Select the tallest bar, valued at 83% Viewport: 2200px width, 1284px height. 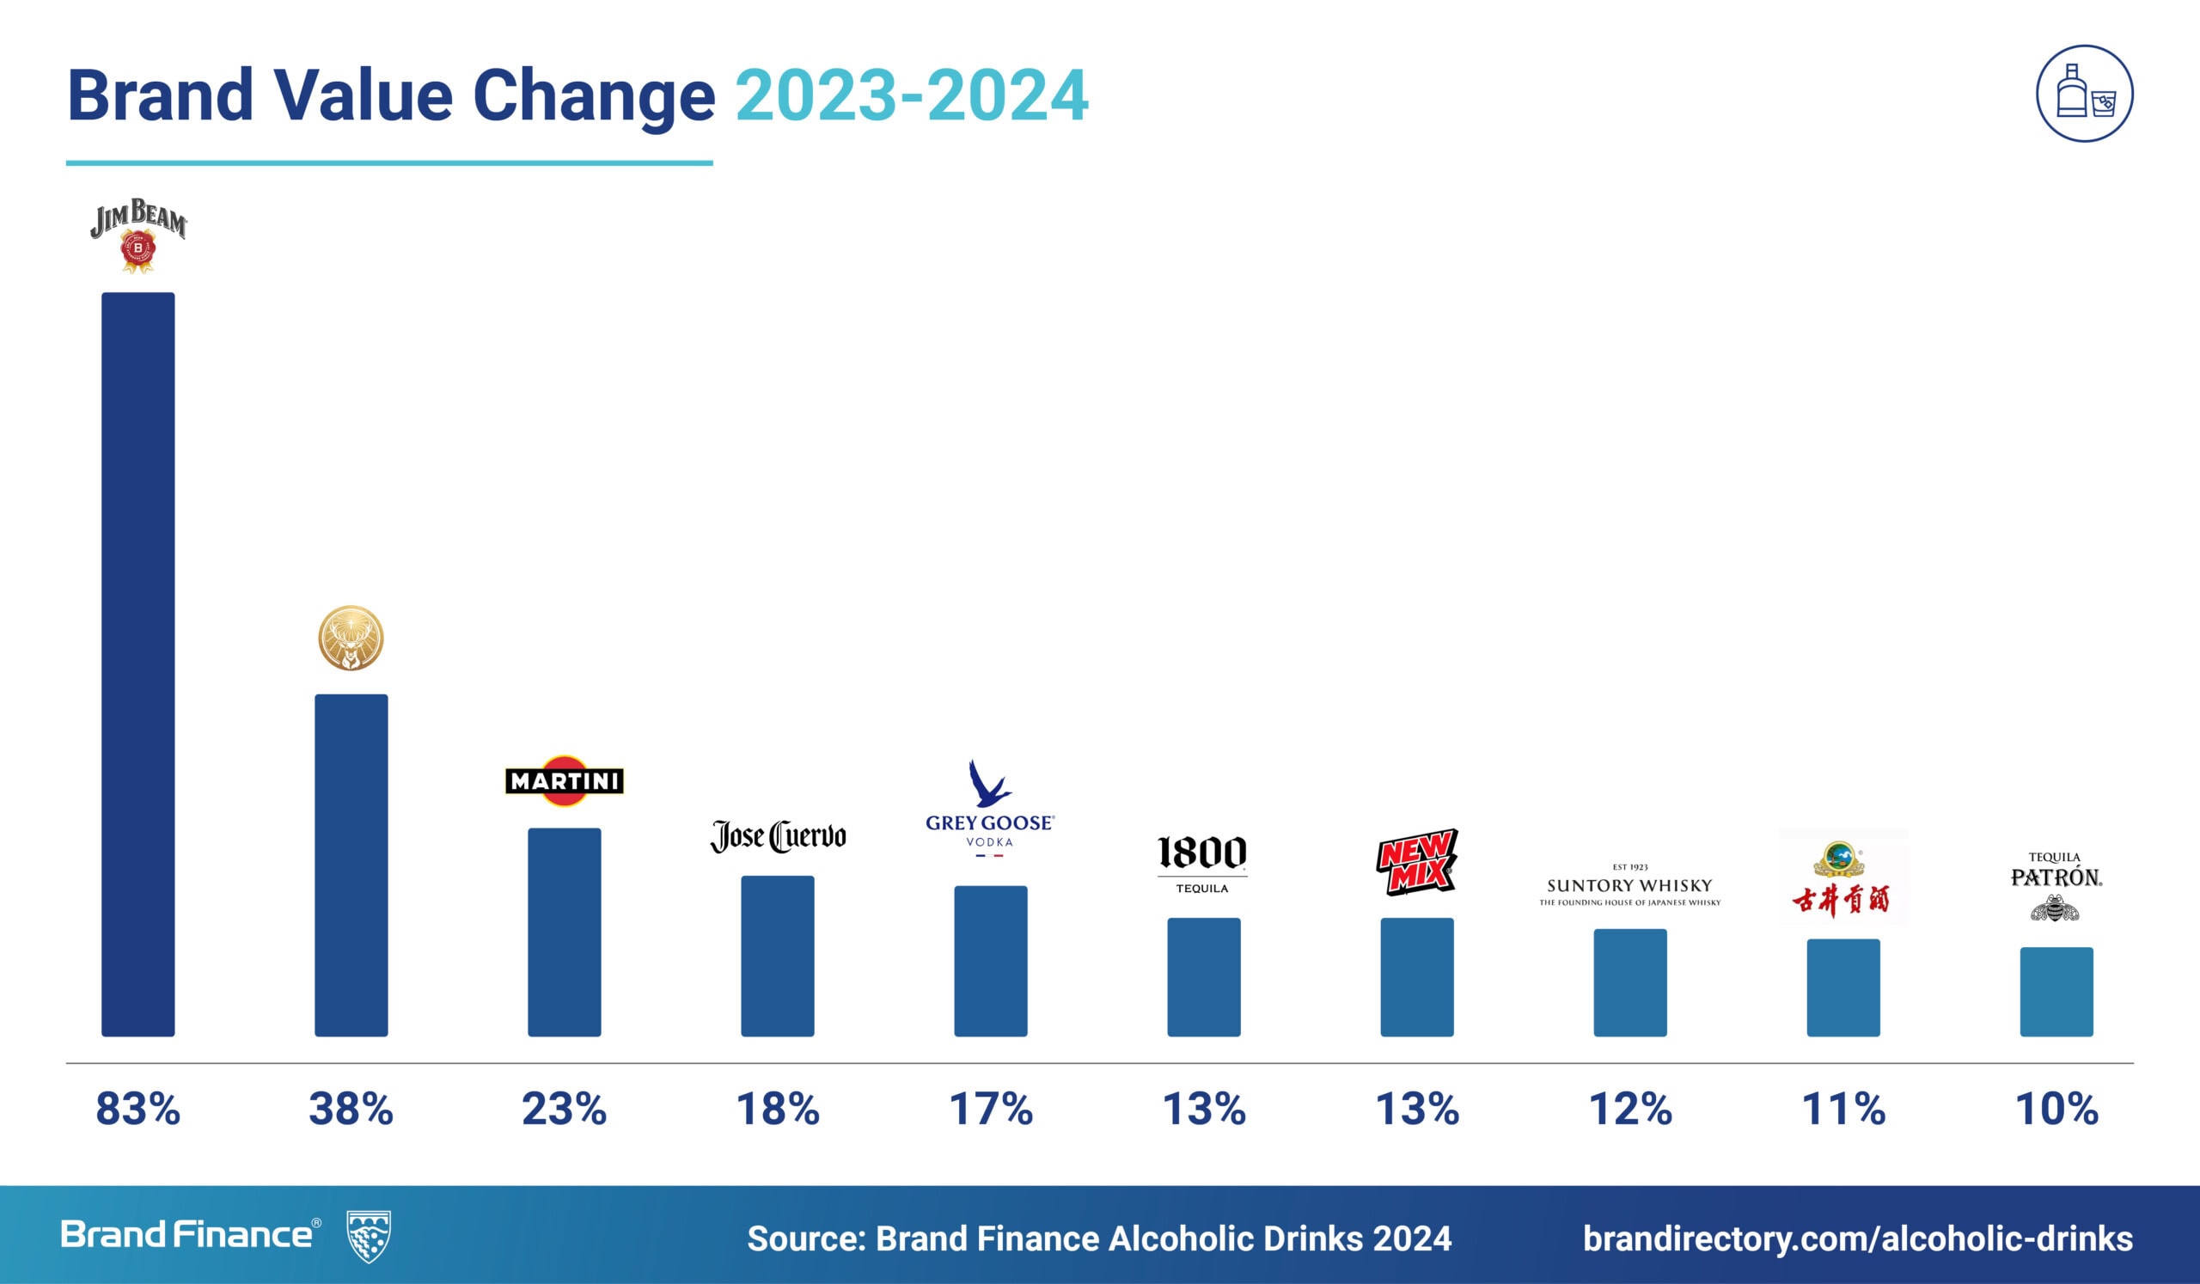(x=138, y=663)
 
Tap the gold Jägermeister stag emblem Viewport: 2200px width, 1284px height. (x=351, y=638)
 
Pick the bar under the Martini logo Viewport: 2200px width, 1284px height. (x=564, y=932)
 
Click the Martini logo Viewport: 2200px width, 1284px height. (x=564, y=780)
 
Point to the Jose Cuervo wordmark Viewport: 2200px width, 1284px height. (x=778, y=836)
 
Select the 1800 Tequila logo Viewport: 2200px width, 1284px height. (x=1202, y=863)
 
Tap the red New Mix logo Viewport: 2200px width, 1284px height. (x=1416, y=862)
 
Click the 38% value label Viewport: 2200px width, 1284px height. (x=351, y=1110)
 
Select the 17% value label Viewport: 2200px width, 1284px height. (x=991, y=1110)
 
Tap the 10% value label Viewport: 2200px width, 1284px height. (x=2056, y=1110)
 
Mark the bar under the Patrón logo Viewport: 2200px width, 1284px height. (x=2056, y=992)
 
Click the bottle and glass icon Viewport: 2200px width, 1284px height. (x=2084, y=95)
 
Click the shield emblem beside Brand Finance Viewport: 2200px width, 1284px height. (x=369, y=1236)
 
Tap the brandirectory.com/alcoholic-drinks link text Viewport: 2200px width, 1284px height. (x=1858, y=1238)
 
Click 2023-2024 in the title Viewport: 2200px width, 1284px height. (x=912, y=95)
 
